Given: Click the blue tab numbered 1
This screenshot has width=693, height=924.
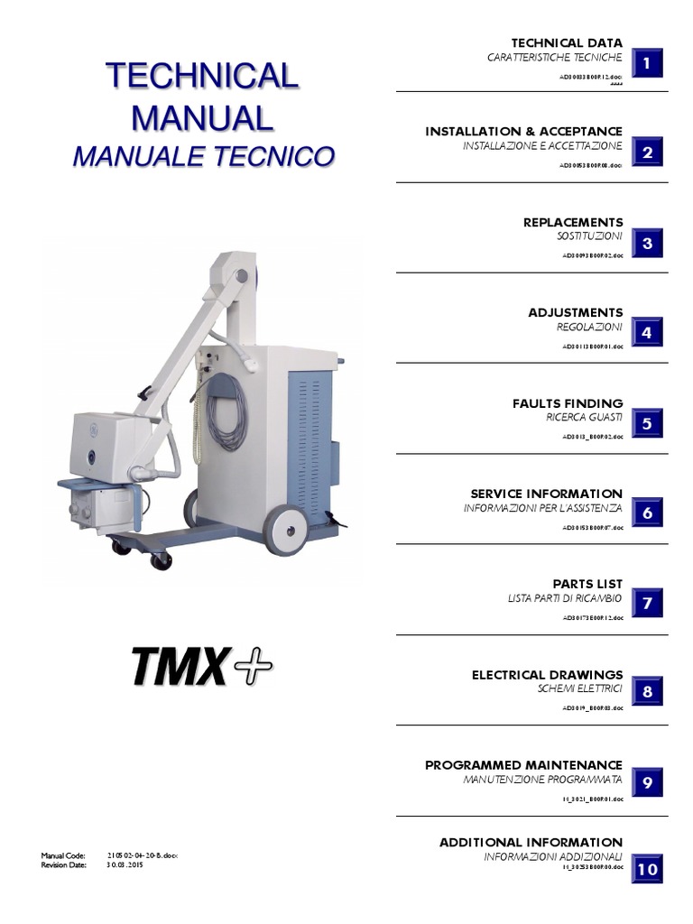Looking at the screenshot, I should (x=647, y=63).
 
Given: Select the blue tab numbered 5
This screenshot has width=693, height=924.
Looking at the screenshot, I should (x=647, y=423).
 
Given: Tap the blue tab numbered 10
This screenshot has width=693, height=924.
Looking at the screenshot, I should (x=647, y=870).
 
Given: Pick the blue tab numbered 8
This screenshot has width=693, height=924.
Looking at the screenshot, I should (x=647, y=693).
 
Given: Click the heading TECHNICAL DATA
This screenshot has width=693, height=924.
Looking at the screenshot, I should (x=567, y=43).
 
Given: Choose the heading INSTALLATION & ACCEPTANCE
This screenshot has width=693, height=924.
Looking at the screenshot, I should (x=523, y=132).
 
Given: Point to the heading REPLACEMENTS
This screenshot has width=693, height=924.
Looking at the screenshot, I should (x=573, y=222).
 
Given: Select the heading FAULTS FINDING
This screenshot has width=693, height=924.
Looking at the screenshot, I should (x=568, y=403).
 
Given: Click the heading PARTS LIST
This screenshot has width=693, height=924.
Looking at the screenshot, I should (x=587, y=584).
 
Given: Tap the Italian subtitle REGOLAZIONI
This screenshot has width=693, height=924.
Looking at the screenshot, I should (x=589, y=327).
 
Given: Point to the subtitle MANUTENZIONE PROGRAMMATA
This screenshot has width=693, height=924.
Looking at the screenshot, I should (x=542, y=778).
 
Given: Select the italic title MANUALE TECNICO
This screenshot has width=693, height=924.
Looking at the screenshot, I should (x=202, y=156).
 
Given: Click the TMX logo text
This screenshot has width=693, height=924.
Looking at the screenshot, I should (x=178, y=667).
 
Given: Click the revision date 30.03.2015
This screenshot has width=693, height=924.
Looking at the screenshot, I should (x=125, y=864).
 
